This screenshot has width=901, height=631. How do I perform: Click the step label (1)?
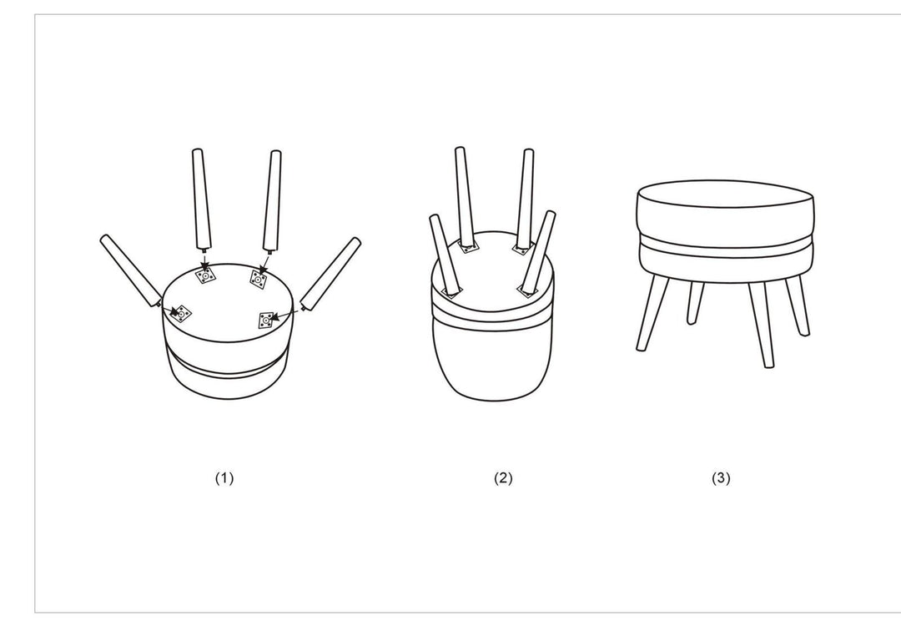point(224,478)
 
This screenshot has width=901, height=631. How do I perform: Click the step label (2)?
point(503,478)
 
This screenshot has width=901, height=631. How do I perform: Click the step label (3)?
point(721,478)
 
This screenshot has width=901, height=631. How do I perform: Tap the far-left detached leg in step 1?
point(130,270)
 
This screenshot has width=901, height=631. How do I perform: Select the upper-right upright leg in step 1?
point(272,199)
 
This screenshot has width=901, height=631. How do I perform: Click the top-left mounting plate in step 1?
point(204,275)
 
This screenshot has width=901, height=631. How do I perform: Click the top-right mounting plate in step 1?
point(258,279)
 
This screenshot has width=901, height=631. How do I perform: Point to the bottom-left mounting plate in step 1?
point(180,312)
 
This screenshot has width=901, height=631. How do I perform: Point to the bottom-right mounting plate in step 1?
point(267,318)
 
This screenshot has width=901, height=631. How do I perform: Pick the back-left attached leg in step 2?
point(465,196)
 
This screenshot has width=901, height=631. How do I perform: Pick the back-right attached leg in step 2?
point(525,199)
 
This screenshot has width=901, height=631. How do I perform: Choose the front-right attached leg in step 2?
point(539,250)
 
